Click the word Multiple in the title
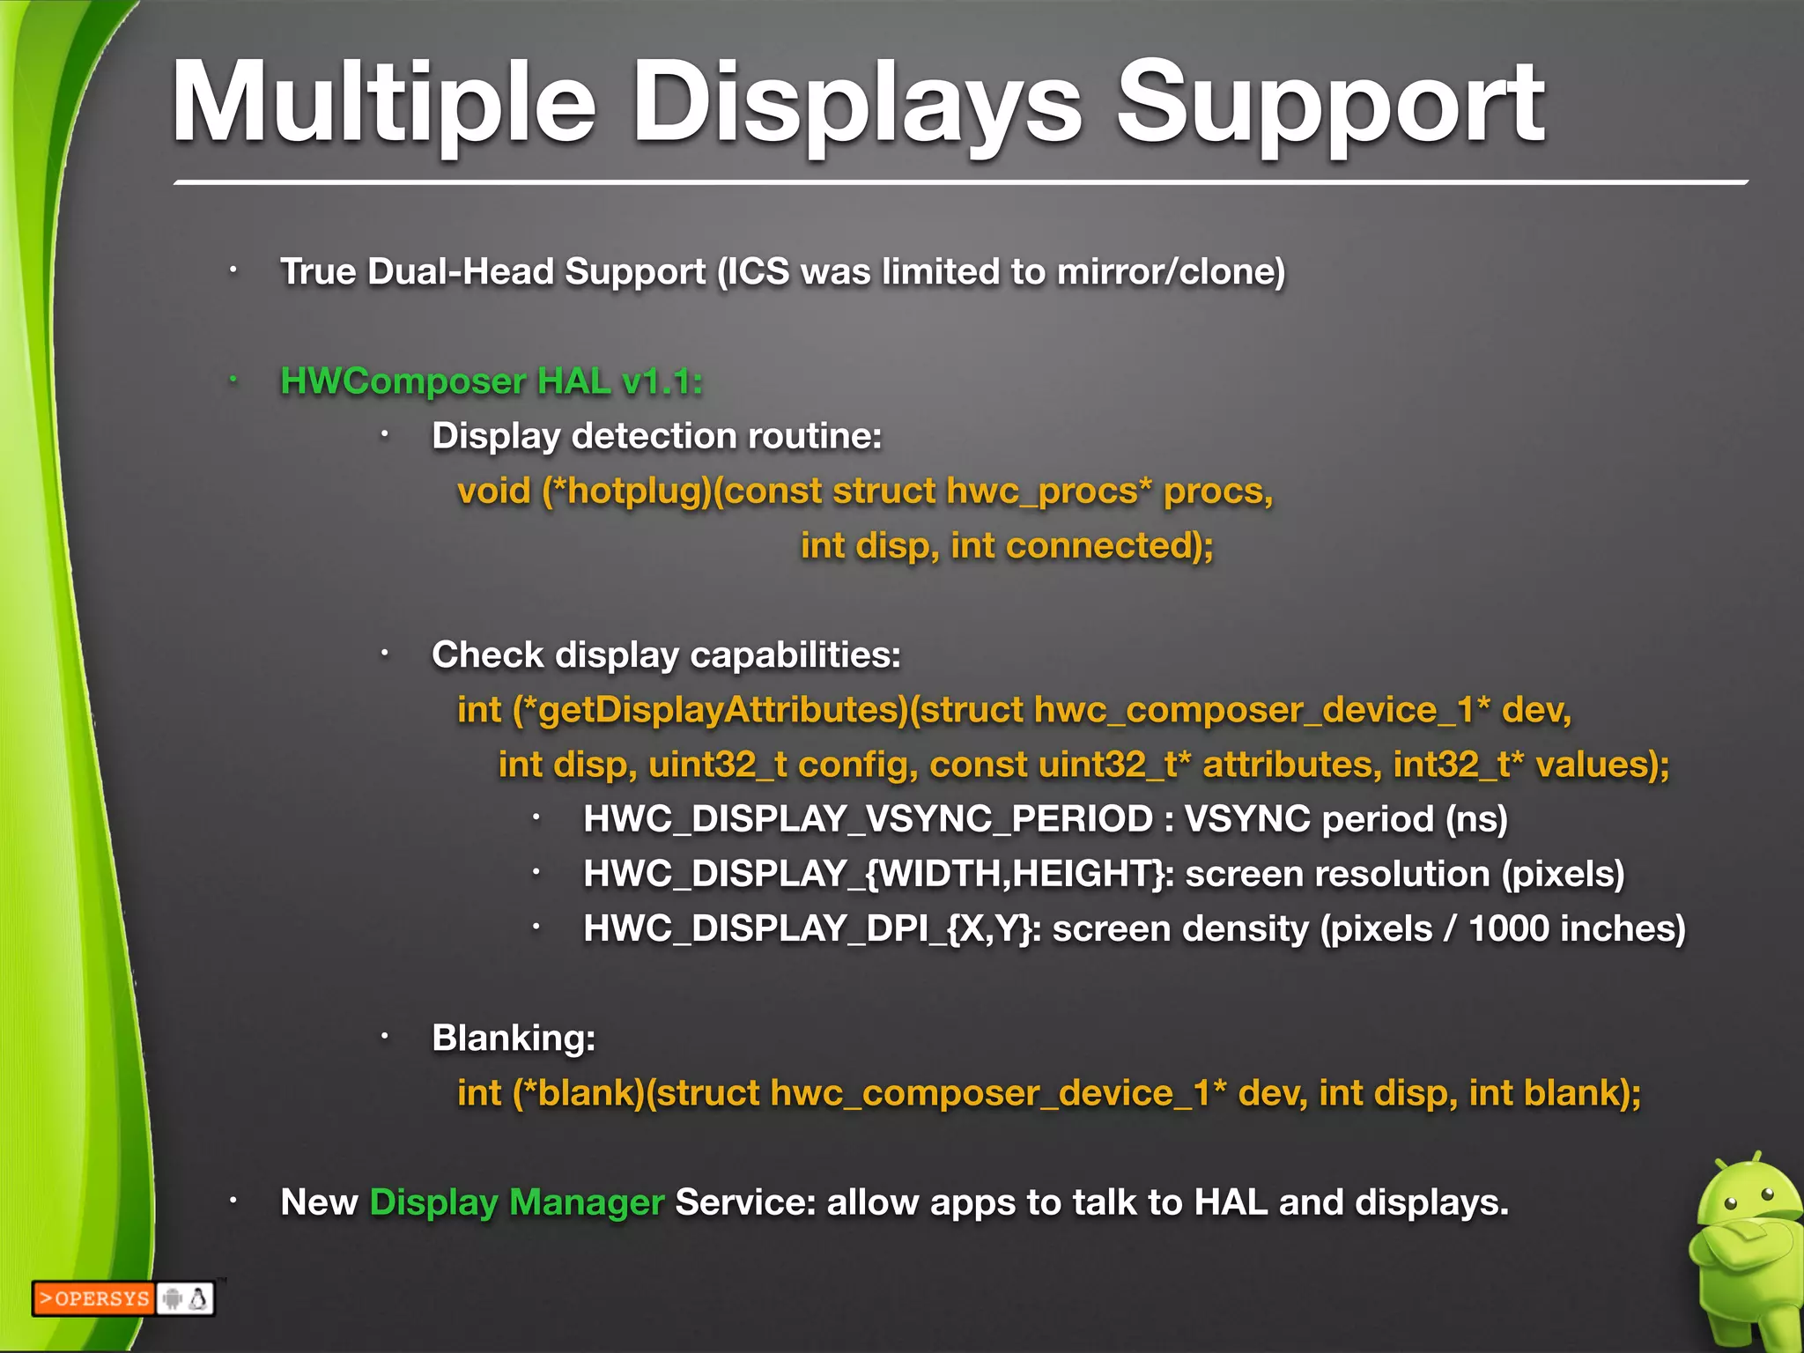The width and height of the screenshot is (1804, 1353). (x=384, y=104)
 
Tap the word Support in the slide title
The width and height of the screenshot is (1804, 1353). (x=1330, y=104)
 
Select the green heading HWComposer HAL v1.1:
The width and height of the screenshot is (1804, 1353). (x=492, y=381)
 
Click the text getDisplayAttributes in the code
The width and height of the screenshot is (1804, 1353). (x=722, y=710)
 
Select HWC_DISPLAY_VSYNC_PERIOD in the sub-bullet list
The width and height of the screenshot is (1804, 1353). (x=868, y=820)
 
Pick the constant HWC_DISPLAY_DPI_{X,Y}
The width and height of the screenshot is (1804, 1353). (x=808, y=929)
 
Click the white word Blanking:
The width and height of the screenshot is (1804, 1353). (x=514, y=1039)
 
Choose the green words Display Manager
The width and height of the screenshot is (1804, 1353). (x=516, y=1202)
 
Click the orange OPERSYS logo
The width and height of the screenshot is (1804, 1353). (x=94, y=1298)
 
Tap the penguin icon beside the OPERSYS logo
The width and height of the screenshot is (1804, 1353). (x=199, y=1298)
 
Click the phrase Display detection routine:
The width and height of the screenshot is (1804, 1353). (x=656, y=437)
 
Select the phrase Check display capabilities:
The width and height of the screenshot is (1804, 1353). (x=666, y=655)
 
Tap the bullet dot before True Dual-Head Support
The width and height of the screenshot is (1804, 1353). (x=233, y=270)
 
